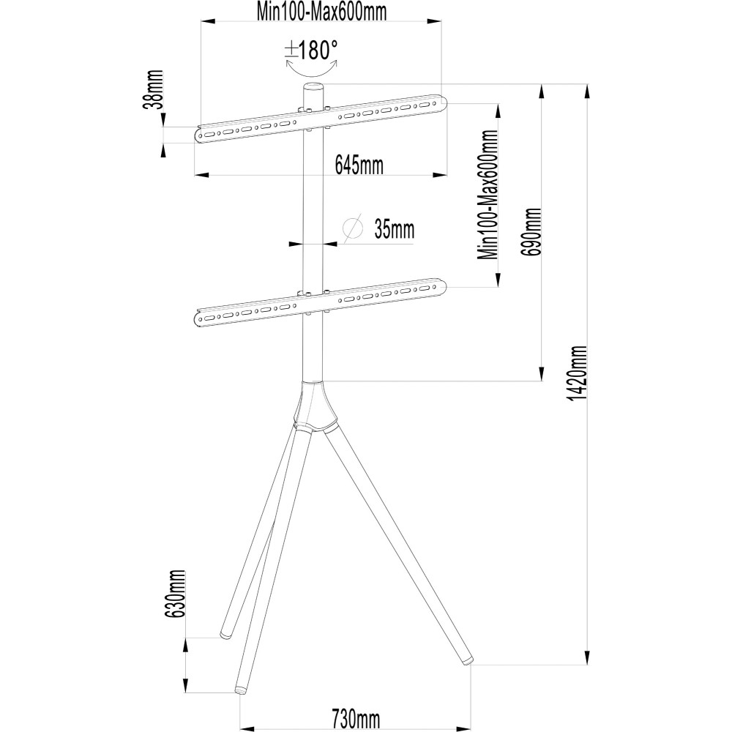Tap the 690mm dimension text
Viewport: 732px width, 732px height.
[532, 231]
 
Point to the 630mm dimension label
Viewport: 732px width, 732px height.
[176, 594]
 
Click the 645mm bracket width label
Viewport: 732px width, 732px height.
[359, 165]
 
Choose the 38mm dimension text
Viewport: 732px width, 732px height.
[154, 89]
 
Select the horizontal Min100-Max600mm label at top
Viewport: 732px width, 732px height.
[321, 12]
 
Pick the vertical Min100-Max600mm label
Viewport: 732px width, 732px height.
[488, 195]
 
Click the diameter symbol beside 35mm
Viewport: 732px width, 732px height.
[353, 228]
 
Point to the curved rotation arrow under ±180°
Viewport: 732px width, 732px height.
[311, 70]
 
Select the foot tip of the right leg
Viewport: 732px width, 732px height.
[467, 660]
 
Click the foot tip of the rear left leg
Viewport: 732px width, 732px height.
[226, 635]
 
